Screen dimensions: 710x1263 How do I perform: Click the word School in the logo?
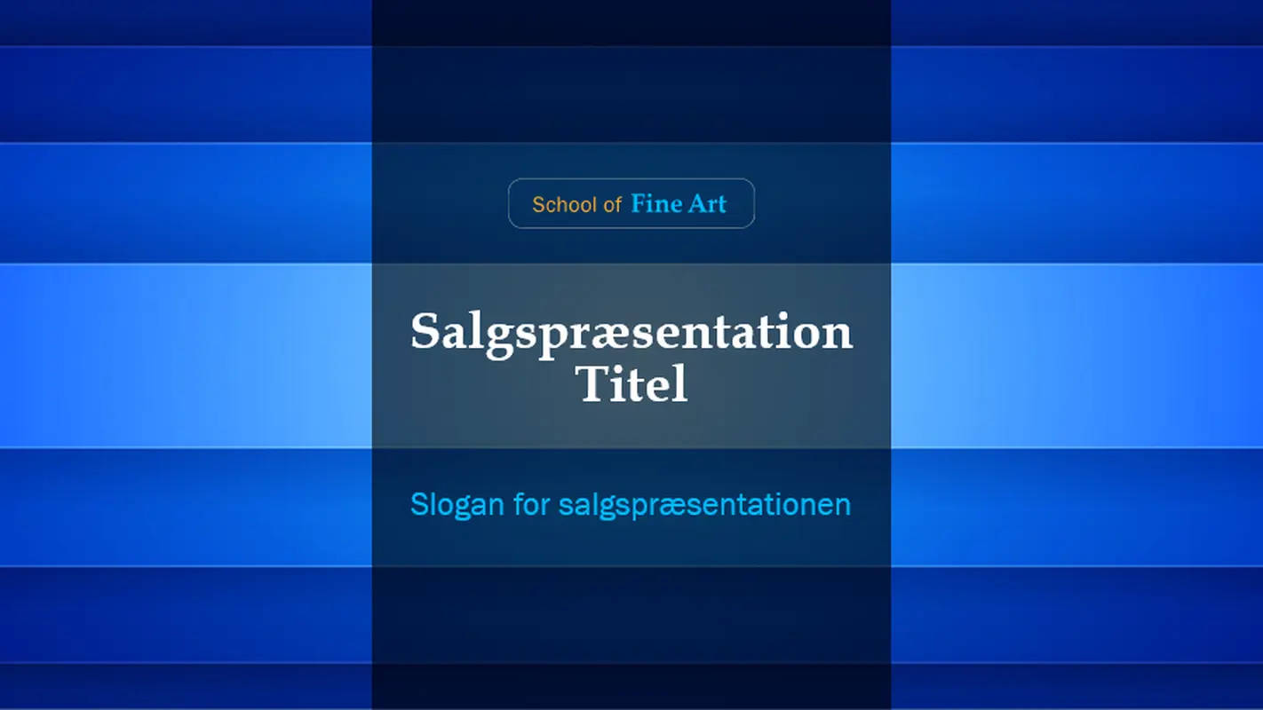point(564,205)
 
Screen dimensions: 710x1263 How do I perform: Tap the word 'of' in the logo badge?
point(612,205)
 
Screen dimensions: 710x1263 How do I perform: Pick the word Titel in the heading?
point(631,384)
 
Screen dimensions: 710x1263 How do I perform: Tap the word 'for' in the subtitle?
point(532,504)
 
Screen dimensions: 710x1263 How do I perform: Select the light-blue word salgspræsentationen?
point(704,505)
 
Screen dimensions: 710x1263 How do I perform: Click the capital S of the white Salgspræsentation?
point(426,332)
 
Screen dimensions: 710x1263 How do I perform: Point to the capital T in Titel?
point(592,384)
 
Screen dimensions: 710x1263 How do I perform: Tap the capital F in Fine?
point(638,204)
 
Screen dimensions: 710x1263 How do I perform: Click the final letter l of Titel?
point(681,383)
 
